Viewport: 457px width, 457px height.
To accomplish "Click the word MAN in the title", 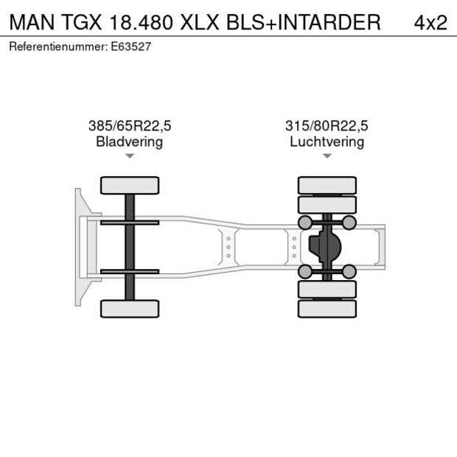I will click(x=30, y=22).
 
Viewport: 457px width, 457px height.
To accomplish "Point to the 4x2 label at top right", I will click(x=430, y=22).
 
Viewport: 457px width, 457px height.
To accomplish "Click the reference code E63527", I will click(x=132, y=46).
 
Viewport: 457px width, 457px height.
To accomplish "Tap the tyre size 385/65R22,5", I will click(x=130, y=125).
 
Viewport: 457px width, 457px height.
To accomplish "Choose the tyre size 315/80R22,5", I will click(x=327, y=125).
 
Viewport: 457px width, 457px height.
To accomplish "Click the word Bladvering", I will click(x=130, y=142).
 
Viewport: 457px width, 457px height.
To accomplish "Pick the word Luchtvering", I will click(x=327, y=142).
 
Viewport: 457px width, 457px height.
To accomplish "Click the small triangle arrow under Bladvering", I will click(x=130, y=156).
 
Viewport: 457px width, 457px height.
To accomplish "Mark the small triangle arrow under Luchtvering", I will click(x=327, y=156).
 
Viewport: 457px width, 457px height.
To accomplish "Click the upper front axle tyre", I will click(x=130, y=185).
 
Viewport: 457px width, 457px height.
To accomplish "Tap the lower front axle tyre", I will click(x=130, y=308).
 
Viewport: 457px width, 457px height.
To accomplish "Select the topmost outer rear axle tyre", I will click(x=327, y=185).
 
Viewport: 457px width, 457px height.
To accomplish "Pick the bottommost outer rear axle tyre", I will click(x=327, y=308).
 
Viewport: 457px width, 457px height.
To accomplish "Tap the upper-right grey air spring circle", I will click(x=349, y=223).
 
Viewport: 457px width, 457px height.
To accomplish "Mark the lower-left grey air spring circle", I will click(x=304, y=271).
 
